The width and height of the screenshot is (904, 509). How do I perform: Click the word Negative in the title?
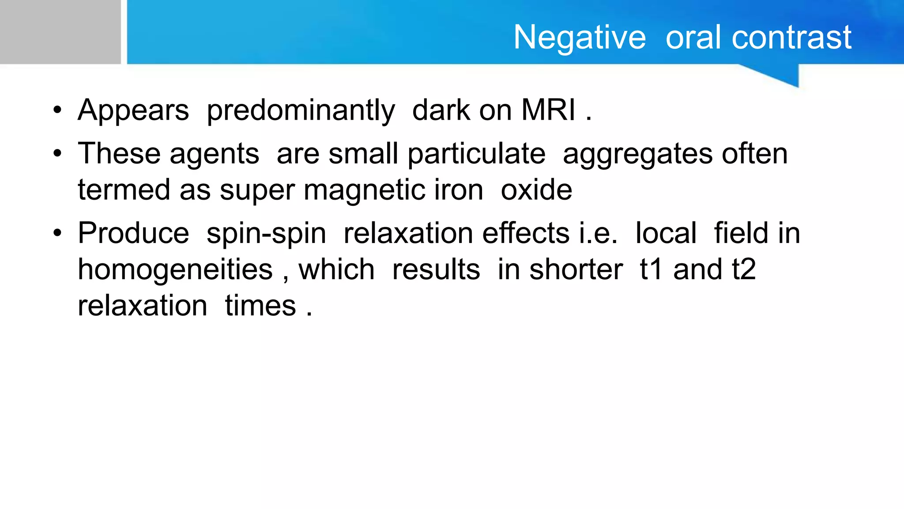[579, 38]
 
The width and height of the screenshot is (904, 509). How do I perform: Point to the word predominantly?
[301, 110]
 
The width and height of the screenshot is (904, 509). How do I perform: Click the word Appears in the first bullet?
[133, 110]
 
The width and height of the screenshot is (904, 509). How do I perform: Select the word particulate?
[476, 154]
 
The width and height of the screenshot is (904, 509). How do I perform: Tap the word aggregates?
[637, 155]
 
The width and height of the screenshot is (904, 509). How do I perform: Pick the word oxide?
[536, 190]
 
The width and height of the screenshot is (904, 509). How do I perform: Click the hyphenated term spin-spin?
[266, 234]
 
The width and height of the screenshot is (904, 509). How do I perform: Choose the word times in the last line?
[260, 306]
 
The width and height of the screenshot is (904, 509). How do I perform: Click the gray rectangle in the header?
[60, 32]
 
